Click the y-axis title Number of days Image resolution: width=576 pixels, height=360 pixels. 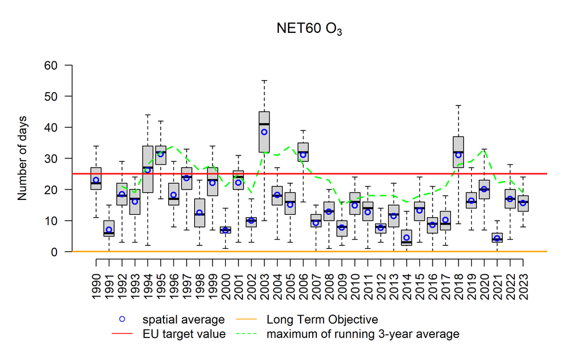pos(23,158)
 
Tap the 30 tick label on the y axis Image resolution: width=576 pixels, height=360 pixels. pos(53,158)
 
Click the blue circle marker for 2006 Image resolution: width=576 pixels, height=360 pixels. pos(303,154)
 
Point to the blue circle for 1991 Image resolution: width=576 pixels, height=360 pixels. pos(109,230)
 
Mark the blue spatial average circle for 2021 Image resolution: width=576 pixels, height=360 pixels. pos(497,238)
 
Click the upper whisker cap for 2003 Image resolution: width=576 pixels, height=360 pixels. pos(264,81)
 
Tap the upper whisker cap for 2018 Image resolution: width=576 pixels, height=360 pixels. pos(458,105)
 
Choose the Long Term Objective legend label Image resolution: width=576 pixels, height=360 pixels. pos(323,320)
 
